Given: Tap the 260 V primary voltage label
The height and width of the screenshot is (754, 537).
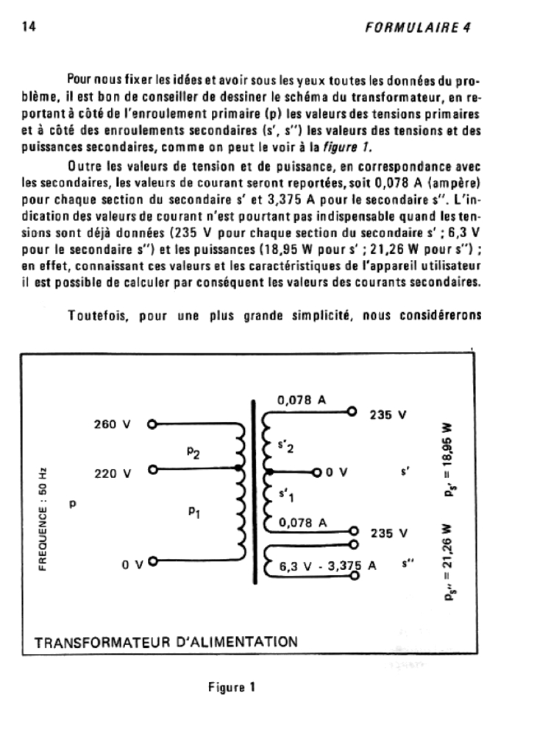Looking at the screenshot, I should click(113, 425).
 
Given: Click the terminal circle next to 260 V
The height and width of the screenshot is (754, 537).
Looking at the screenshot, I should click(152, 425).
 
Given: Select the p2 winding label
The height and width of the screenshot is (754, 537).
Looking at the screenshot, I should click(193, 454).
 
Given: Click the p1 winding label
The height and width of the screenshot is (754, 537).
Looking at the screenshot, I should click(193, 514).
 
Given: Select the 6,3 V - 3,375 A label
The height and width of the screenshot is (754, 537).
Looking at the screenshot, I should click(329, 567).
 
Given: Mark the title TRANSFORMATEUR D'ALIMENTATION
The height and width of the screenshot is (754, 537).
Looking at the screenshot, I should click(166, 641).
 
